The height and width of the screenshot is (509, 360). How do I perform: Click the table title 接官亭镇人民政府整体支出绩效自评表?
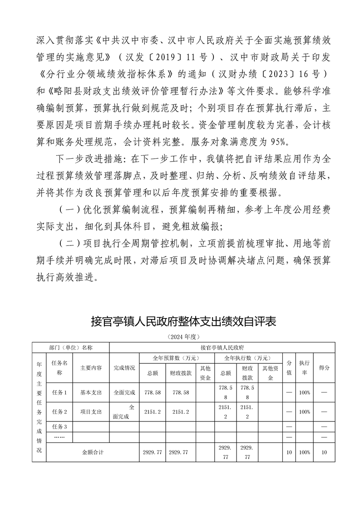(183, 322)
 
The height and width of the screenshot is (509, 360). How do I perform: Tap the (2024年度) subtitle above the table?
(183, 337)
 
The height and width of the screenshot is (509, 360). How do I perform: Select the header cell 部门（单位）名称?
(71, 347)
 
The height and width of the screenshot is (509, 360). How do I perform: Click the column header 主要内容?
(91, 367)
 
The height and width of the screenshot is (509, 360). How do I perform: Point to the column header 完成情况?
(124, 367)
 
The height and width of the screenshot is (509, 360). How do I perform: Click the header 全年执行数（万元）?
(249, 358)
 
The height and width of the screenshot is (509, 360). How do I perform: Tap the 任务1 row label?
(59, 392)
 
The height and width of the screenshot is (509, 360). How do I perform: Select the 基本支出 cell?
(91, 392)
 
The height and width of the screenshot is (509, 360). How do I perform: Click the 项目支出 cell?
(91, 412)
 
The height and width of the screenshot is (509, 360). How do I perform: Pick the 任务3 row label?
(59, 426)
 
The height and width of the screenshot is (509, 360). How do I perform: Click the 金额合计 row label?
(93, 452)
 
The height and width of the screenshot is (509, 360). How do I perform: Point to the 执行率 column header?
(304, 367)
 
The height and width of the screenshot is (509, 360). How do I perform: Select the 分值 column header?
(289, 367)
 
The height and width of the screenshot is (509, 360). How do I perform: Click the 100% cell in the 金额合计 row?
(304, 452)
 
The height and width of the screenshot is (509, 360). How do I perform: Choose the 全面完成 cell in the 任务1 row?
(124, 392)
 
